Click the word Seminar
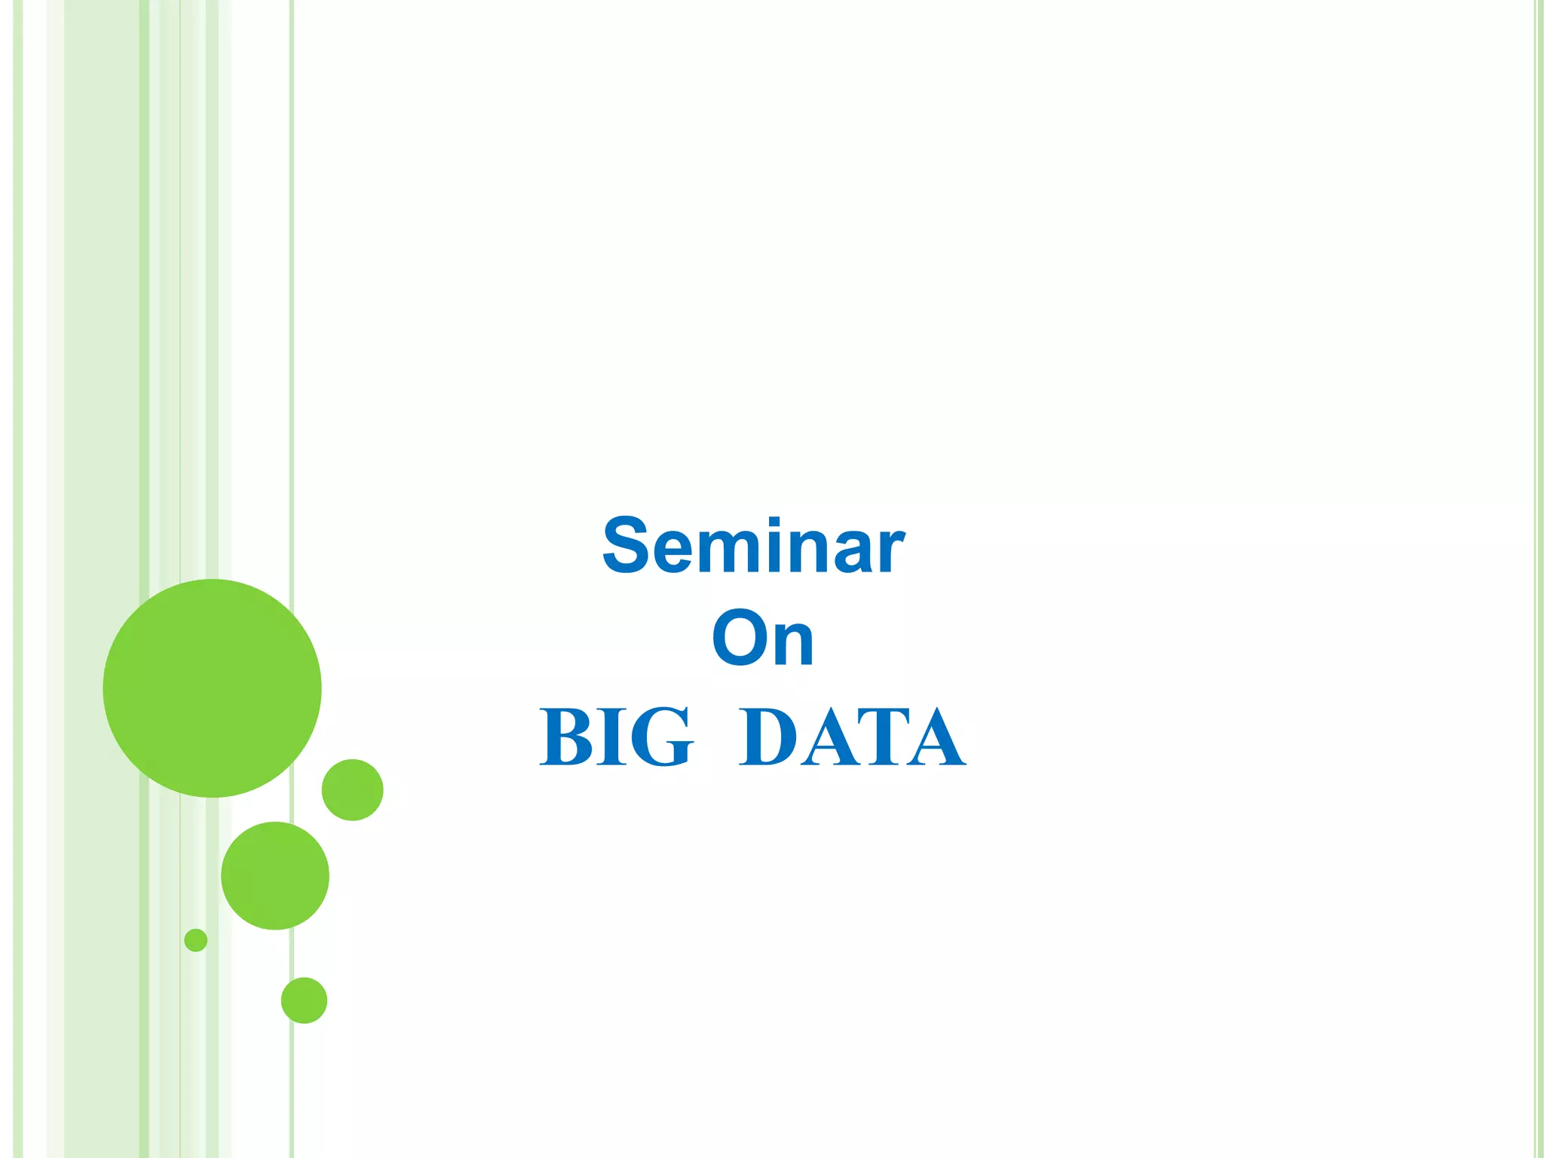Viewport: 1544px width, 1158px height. (x=753, y=546)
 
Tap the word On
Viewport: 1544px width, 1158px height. (x=763, y=639)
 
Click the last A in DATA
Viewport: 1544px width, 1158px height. (x=936, y=739)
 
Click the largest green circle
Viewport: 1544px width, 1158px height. (x=212, y=688)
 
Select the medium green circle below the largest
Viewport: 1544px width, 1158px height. (x=275, y=875)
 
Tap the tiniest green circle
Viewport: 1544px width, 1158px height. (x=195, y=940)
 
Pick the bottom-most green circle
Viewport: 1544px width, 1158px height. (x=304, y=1000)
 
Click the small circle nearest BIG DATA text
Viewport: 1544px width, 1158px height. (x=352, y=789)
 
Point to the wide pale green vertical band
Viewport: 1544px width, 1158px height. (x=102, y=302)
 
